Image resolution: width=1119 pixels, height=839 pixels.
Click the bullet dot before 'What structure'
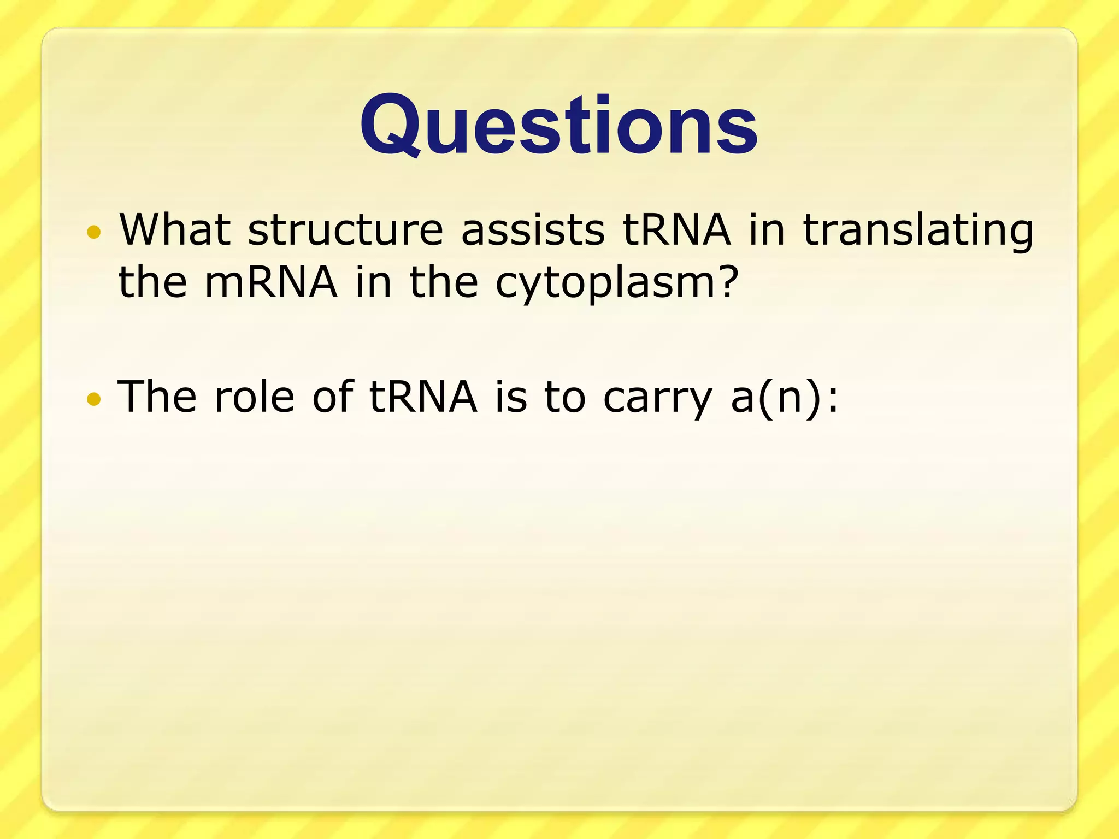[x=94, y=232]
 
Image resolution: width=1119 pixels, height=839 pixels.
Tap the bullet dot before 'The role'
[x=94, y=399]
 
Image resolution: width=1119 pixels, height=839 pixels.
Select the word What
[x=175, y=229]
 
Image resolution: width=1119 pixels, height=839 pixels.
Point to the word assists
[x=533, y=229]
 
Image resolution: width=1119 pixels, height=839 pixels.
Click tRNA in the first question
[x=676, y=229]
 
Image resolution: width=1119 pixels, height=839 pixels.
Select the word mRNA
[x=271, y=282]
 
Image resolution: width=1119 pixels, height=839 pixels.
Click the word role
[x=255, y=397]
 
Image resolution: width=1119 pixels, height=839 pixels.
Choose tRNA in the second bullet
[x=423, y=397]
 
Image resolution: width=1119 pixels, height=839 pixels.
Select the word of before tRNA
[x=333, y=395]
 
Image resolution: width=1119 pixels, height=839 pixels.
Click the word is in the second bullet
[x=511, y=397]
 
